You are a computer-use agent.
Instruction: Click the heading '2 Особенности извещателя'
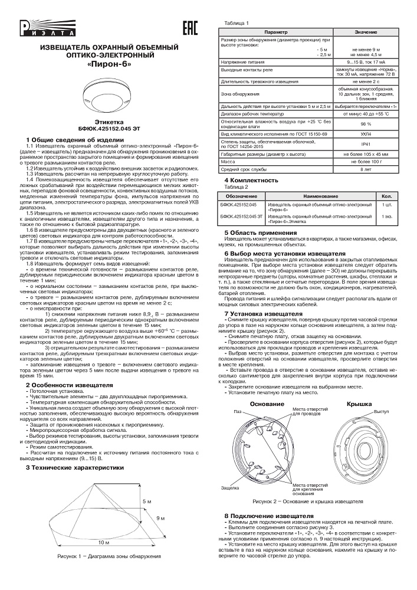[x=62, y=385]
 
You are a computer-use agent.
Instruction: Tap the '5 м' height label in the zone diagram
[x=146, y=501]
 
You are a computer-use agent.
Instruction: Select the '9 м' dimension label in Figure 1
[x=160, y=517]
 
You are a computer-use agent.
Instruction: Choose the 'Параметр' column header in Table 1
[x=275, y=31]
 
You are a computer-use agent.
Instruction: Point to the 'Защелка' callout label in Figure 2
[x=229, y=489]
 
